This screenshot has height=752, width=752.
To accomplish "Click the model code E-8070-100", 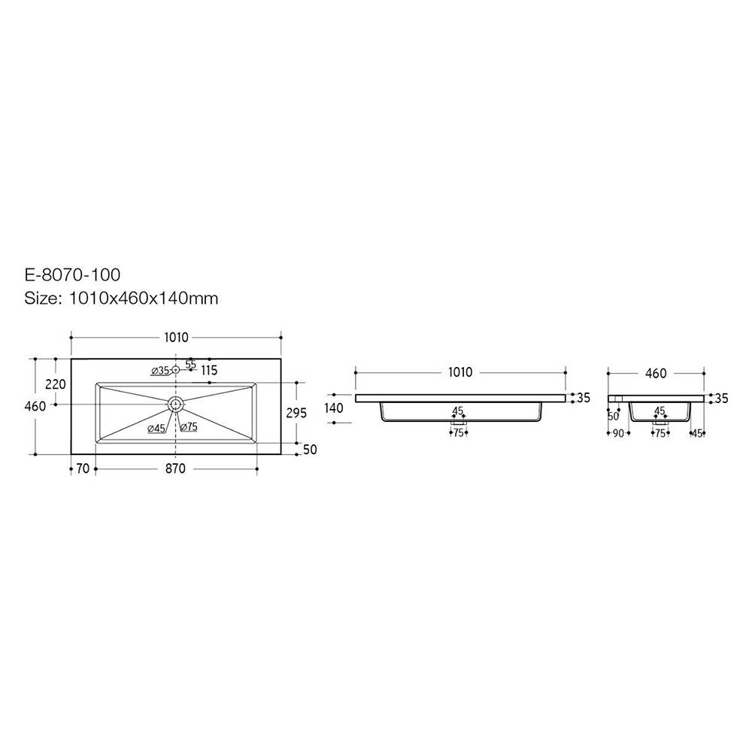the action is tap(72, 274).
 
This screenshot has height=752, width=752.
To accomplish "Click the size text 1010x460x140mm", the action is tap(144, 299).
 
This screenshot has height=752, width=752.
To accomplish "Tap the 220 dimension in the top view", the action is tap(55, 384).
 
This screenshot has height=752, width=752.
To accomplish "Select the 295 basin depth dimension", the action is tap(296, 412).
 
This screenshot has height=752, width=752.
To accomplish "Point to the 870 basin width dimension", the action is tap(175, 468).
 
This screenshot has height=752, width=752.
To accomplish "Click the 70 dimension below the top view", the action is tap(83, 468).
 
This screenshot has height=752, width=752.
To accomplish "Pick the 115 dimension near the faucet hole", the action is tap(209, 371).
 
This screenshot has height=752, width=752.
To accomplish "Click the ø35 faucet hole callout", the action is tap(160, 370).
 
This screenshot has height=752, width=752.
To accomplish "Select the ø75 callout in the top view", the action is tap(189, 426).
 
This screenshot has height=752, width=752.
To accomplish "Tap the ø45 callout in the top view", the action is tap(156, 429).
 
